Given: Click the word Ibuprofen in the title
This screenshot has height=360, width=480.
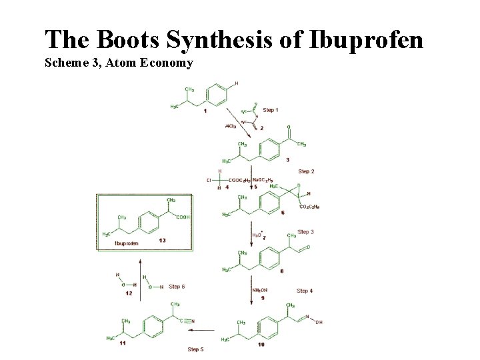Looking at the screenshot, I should point(365,40).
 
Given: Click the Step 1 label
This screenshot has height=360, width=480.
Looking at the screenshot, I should point(271,109).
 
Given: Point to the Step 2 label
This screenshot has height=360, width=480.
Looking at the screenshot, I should point(306,171).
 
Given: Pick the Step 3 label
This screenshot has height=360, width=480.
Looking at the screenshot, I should point(305,231).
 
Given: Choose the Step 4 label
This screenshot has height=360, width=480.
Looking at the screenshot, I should point(305,291).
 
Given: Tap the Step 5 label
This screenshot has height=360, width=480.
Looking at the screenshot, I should point(195,349).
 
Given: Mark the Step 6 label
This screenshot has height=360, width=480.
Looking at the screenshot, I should point(177,287).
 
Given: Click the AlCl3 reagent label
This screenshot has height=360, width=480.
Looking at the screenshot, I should point(230,125).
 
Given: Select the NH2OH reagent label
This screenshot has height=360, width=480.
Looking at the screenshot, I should point(260,290).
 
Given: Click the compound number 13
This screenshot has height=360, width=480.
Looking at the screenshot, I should point(162,240).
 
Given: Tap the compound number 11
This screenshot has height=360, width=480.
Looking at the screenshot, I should point(122,343).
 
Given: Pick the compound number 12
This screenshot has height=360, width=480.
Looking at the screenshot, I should point(128,293).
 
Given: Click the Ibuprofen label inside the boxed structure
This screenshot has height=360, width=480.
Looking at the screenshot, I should point(127,243).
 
